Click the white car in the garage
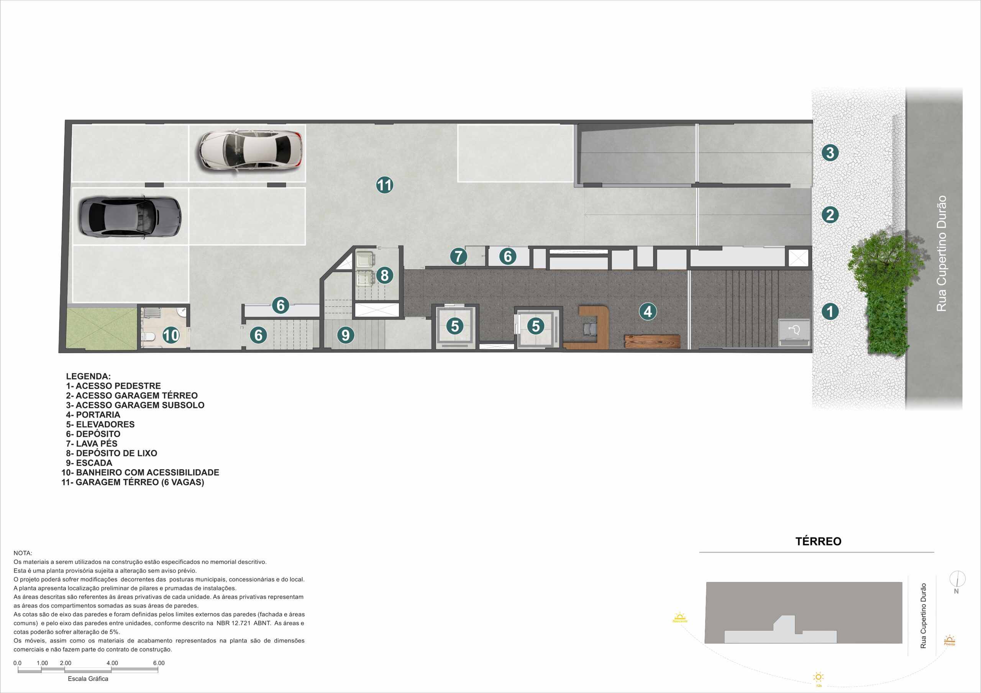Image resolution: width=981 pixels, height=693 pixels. coord(250,150)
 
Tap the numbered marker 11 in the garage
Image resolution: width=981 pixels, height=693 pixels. coord(384,185)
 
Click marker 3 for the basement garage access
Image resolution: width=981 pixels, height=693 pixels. coord(830,153)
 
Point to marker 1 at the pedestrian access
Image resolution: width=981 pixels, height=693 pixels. coord(830,311)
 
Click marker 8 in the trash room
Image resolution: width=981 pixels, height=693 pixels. coord(384,275)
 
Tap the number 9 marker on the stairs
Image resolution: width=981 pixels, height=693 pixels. coord(346,335)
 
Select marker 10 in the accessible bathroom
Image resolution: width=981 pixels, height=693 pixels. coord(171,335)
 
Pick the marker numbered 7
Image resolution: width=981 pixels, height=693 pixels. coord(458,256)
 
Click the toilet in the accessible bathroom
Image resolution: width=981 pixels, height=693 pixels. coord(148,337)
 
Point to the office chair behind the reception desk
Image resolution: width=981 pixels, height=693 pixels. coord(591,328)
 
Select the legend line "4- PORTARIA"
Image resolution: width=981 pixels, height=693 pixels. coord(93,414)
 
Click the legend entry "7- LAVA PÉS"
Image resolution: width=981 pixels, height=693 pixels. coord(92,443)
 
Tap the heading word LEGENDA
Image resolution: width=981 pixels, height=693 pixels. coord(89,376)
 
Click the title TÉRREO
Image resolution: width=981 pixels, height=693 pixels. coord(818,541)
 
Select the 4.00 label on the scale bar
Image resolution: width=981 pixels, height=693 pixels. coord(112,663)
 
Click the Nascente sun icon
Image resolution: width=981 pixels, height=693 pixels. coord(680,617)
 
